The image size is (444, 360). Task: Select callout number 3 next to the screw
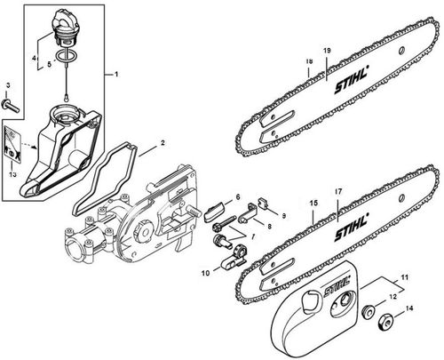coord(7,85)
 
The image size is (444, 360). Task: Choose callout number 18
coord(308,62)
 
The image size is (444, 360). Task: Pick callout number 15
coord(312,204)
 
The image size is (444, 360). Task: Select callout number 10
coord(205,273)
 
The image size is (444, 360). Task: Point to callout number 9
coord(282,215)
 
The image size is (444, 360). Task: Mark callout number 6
coord(238,196)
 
